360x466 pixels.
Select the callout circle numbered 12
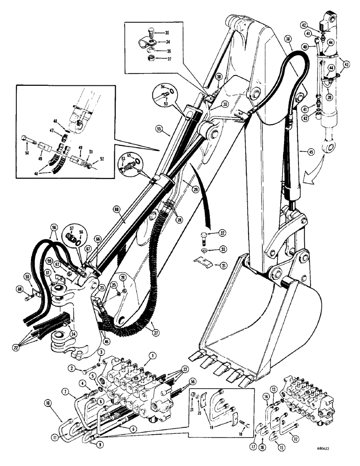coord(295,435)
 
